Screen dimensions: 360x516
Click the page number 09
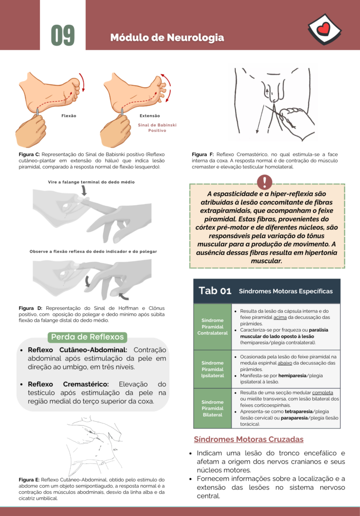[63, 35]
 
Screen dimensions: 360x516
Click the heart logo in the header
[324, 29]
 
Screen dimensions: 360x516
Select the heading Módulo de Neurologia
[167, 38]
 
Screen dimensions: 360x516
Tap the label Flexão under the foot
[69, 116]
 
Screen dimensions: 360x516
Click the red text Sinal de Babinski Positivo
[157, 128]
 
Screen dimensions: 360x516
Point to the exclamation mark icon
[265, 182]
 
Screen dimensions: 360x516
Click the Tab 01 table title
[215, 291]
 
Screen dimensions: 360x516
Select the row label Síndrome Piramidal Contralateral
[212, 326]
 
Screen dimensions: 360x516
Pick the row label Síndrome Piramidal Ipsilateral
[212, 369]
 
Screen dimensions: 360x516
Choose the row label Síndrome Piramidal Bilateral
[212, 409]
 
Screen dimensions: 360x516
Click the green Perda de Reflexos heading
[88, 337]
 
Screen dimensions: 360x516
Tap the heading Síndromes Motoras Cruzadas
[248, 440]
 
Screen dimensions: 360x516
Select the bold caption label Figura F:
[203, 154]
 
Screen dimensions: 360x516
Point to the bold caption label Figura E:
[29, 480]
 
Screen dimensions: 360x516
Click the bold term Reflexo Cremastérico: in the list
[68, 384]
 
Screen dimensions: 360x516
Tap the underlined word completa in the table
[322, 393]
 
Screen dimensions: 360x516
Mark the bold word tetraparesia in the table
[299, 412]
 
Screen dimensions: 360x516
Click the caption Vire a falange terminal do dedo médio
[91, 182]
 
